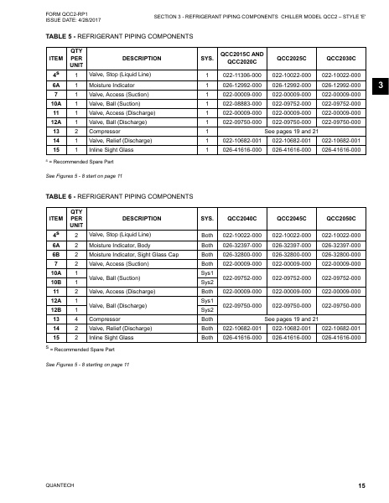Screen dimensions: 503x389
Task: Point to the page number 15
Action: [x=360, y=486]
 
